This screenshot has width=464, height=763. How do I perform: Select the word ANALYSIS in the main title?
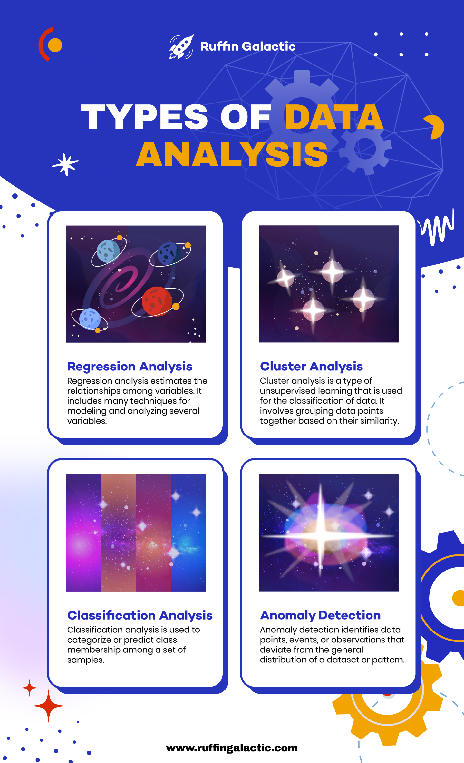pos(232,154)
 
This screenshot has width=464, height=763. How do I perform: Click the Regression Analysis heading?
pos(130,367)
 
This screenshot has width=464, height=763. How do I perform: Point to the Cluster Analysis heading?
pos(311,367)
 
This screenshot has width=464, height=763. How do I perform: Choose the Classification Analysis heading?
pos(140,615)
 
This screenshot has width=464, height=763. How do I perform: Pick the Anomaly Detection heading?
pos(320,615)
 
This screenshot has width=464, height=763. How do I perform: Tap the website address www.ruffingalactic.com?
pos(232,748)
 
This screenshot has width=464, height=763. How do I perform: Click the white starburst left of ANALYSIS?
pos(65,164)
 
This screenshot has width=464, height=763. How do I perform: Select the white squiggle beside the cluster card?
pos(438,227)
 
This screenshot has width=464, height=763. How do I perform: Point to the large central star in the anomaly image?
pos(320,536)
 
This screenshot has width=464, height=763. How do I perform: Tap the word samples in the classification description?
pos(85,660)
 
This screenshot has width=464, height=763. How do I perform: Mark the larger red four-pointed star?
pos(48,706)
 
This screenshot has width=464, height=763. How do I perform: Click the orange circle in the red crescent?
pos(55,45)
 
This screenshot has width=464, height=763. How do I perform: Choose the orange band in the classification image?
pos(118,533)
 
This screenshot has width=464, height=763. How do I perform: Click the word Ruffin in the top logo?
pos(219,46)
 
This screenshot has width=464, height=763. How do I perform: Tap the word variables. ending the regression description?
pos(87,421)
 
